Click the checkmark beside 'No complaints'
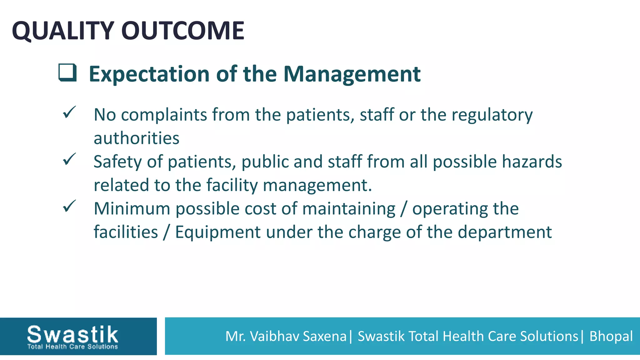point(69,112)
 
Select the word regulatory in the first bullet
point(492,115)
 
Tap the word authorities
point(137,138)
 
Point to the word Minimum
point(132,208)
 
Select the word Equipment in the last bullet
point(218,232)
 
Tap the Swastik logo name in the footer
point(72,334)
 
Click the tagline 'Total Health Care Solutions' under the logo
point(72,347)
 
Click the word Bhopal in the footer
point(611,337)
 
